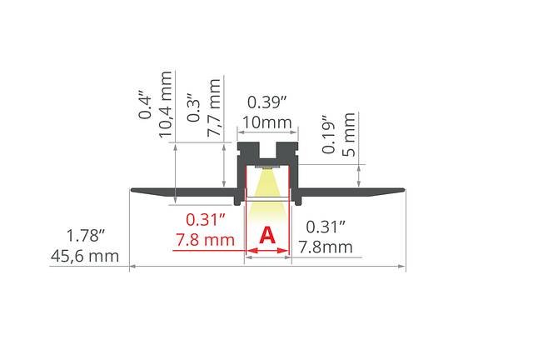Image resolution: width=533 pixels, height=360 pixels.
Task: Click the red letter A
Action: [267, 235]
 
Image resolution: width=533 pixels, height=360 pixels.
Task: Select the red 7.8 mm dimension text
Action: [206, 240]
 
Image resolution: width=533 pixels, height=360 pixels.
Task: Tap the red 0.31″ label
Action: [206, 220]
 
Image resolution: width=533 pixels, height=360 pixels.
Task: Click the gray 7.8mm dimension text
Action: [326, 247]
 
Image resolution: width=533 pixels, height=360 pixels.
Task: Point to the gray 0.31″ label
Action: [326, 227]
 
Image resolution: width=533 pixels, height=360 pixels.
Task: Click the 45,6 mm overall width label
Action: [85, 256]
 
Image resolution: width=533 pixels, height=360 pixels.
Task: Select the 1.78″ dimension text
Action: [85, 236]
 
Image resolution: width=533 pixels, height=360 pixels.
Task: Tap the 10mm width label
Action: [266, 122]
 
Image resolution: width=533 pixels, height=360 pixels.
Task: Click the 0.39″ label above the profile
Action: [267, 102]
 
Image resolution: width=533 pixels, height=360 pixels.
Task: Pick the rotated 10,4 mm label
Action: [165, 104]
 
